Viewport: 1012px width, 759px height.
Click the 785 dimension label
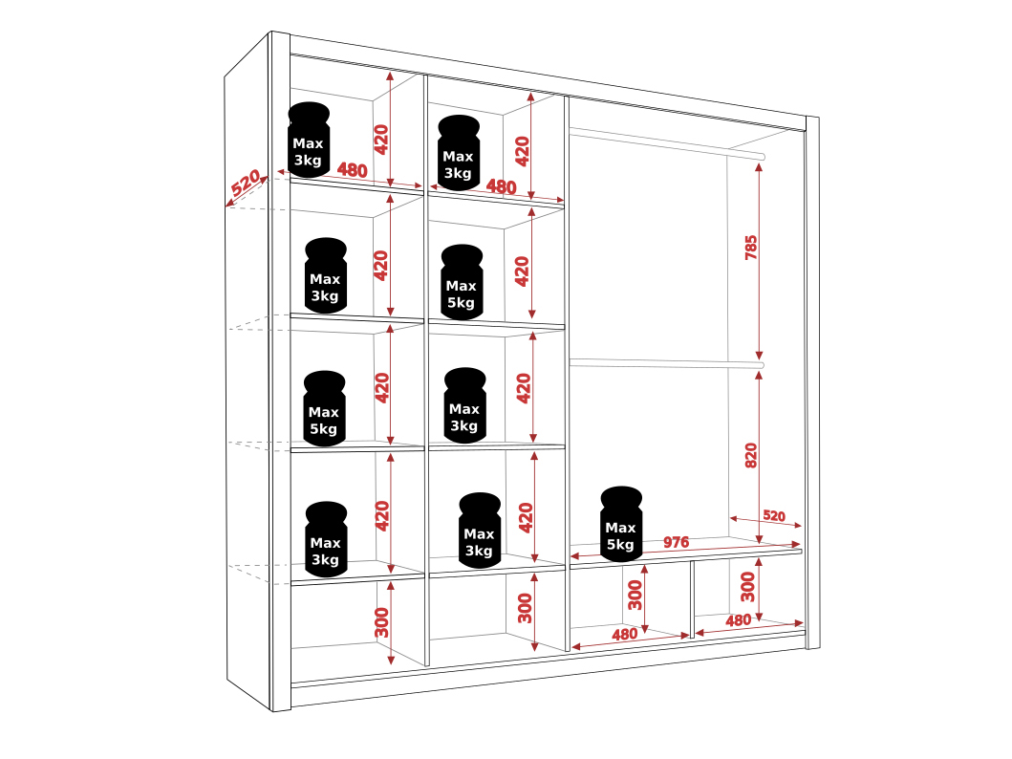[x=751, y=248]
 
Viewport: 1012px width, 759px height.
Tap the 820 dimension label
[x=751, y=455]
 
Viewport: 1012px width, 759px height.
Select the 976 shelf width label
[x=676, y=542]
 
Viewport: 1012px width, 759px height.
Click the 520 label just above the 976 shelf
[x=773, y=516]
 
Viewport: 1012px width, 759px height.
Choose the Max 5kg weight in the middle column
[x=462, y=283]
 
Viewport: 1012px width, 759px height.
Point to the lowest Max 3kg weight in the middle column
[x=479, y=531]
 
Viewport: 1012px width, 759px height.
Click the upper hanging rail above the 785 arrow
[x=669, y=141]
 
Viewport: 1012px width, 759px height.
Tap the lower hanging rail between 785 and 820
[x=669, y=362]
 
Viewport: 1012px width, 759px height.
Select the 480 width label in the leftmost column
[x=353, y=171]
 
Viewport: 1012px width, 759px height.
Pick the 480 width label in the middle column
[x=502, y=186]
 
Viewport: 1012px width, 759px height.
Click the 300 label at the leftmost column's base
[x=382, y=622]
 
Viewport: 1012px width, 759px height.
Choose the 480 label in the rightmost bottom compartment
[x=738, y=620]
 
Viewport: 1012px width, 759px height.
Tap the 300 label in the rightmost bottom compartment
[x=748, y=586]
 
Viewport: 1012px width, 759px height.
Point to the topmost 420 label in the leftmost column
[x=382, y=140]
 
